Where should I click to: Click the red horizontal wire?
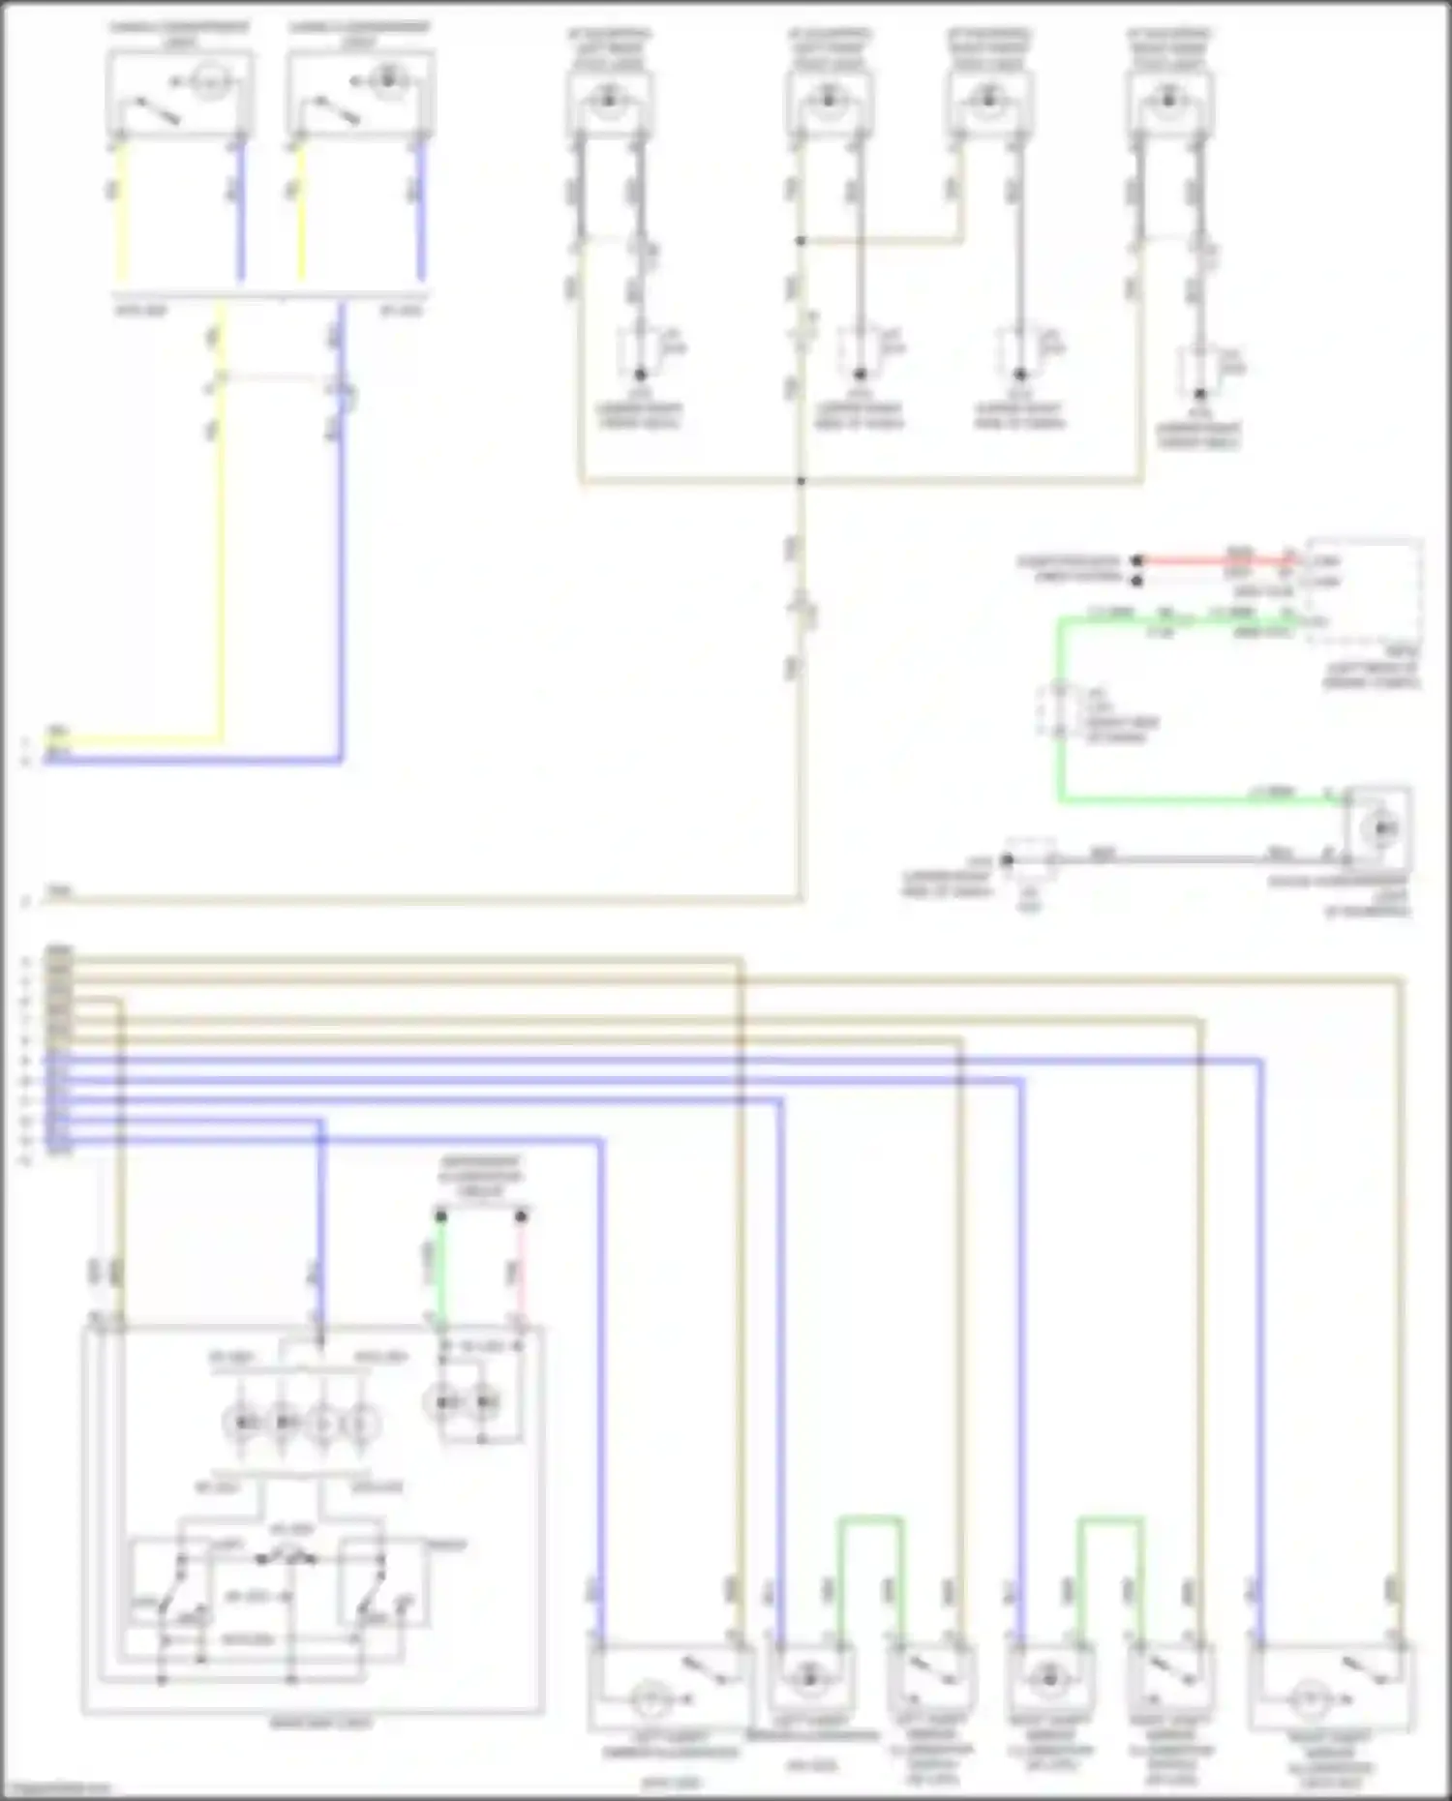[1210, 560]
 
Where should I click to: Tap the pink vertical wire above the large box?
[521, 1268]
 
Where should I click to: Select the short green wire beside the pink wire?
[440, 1268]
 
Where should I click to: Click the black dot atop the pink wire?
[521, 1216]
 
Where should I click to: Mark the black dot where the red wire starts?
[1137, 560]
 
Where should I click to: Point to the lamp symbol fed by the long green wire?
[1378, 828]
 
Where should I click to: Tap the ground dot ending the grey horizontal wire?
[1007, 859]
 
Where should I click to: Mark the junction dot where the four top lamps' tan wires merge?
[801, 480]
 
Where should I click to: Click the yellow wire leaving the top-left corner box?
[121, 213]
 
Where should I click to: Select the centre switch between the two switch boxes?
[286, 1558]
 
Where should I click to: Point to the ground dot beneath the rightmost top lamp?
[1199, 394]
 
